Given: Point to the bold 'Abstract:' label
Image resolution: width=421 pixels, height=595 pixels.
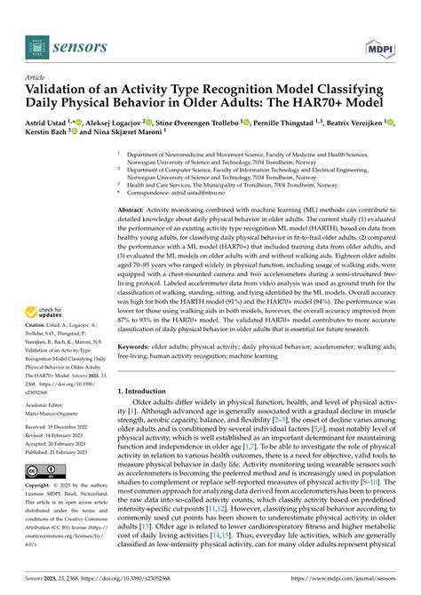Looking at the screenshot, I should click(x=136, y=209).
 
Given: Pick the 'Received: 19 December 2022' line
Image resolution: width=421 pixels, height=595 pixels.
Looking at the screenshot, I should click(x=65, y=428).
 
